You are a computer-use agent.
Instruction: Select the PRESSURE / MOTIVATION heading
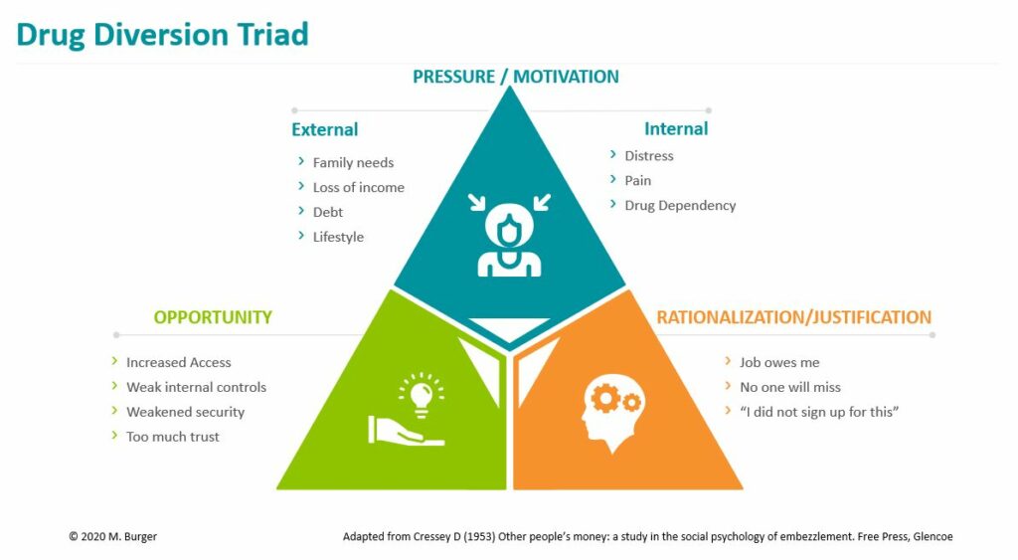[x=515, y=77]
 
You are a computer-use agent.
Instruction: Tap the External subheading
[x=324, y=130]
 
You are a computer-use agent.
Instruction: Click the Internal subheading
[x=676, y=129]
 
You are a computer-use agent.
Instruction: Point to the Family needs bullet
[x=353, y=163]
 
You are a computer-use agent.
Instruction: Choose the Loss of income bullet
[x=358, y=188]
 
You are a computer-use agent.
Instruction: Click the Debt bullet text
[x=328, y=212]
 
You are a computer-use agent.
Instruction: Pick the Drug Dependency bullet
[x=680, y=206]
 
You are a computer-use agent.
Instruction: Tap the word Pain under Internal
[x=637, y=181]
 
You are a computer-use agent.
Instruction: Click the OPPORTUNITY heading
[x=213, y=317]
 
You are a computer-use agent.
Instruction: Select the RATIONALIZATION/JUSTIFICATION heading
[x=793, y=317]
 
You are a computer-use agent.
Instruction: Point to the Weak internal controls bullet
[x=196, y=387]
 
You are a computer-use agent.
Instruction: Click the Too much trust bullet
[x=172, y=437]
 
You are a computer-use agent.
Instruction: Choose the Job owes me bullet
[x=779, y=363]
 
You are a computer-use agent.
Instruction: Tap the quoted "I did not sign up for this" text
[x=819, y=412]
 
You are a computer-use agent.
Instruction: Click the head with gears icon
[x=609, y=411]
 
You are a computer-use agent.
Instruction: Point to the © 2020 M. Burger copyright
[x=112, y=537]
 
